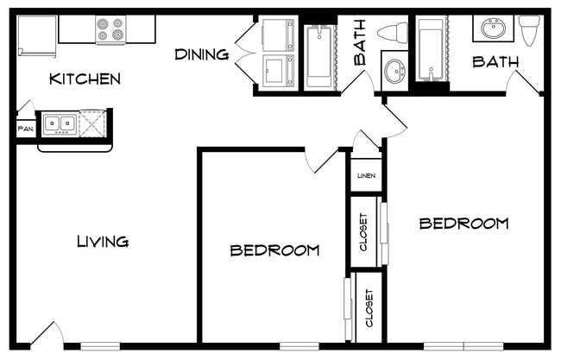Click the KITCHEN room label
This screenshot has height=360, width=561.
85,79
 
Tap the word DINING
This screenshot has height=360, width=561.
202,54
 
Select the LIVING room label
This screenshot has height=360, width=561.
103,242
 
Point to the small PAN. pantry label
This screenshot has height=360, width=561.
26,129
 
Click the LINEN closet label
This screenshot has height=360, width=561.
366,176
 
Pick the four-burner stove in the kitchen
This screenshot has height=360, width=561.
111,29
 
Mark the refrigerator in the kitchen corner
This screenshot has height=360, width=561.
37,35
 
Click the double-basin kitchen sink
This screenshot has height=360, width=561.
60,124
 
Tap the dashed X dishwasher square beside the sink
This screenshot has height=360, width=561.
92,123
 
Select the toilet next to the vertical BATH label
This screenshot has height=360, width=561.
393,32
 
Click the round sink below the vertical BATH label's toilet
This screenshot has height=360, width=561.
395,71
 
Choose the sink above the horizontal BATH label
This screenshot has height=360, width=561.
493,28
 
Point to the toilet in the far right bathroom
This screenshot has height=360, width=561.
530,30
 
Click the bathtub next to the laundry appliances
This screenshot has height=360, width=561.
319,56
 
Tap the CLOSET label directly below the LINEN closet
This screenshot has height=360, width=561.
363,232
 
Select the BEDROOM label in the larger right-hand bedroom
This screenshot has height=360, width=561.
463,224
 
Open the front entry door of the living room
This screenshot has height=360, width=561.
47,335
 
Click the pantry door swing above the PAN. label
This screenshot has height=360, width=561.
26,107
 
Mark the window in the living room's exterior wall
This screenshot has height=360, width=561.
100,346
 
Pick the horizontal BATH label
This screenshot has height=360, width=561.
495,62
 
